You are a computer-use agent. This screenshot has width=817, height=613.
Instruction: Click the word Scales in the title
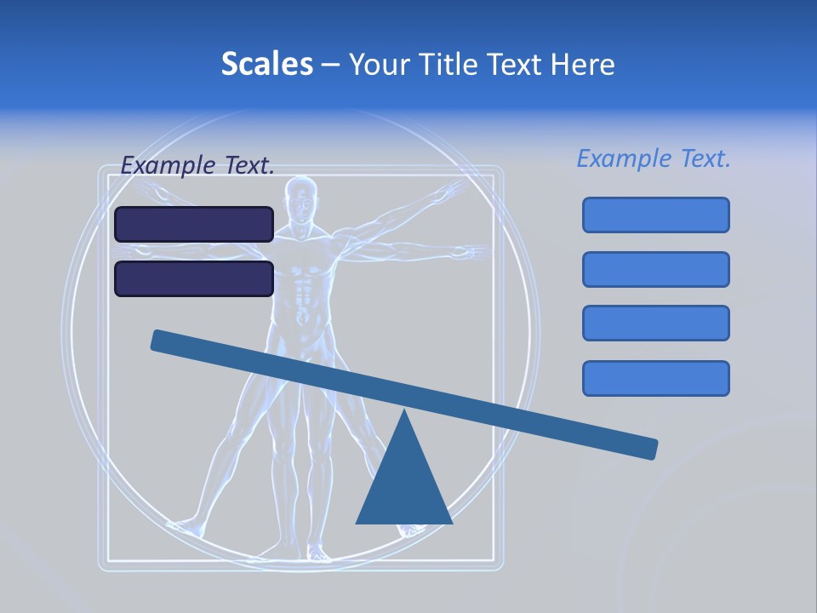[x=267, y=64]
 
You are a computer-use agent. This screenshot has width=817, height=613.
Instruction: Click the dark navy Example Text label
[x=197, y=166]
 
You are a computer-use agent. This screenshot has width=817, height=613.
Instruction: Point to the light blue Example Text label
[x=654, y=158]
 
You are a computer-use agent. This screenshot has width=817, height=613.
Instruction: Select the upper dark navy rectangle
[x=194, y=224]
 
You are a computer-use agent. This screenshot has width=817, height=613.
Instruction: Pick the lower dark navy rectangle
[x=194, y=278]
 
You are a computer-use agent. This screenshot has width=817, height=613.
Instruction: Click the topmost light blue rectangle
[x=655, y=215]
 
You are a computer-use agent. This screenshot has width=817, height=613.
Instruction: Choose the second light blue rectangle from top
[x=655, y=269]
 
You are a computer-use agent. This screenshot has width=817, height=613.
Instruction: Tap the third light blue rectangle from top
[x=655, y=324]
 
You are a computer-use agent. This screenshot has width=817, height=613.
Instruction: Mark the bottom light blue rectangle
[x=655, y=378]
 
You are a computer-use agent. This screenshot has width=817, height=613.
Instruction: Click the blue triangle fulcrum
[x=404, y=485]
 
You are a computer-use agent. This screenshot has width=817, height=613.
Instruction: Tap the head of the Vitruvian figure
[x=299, y=198]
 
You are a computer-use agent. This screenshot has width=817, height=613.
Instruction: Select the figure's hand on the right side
[x=468, y=253]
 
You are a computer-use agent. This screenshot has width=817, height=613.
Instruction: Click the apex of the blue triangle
[x=404, y=414]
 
